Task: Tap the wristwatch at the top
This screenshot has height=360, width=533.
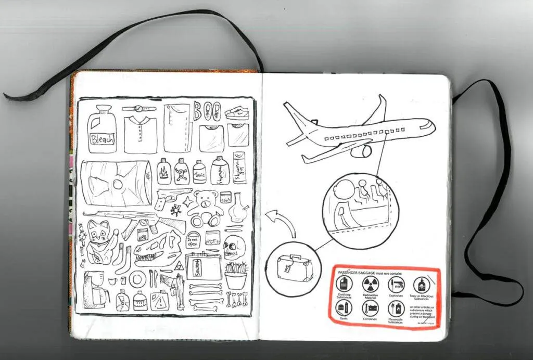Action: coord(139,109)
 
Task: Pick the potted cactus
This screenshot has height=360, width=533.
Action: coord(236,276)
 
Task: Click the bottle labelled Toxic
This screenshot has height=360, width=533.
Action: coord(199,173)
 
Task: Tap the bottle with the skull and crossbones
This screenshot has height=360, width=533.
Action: coord(181,172)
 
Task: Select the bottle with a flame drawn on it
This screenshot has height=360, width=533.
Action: coord(164,172)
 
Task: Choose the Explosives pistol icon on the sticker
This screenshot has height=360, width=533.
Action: coord(396,284)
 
